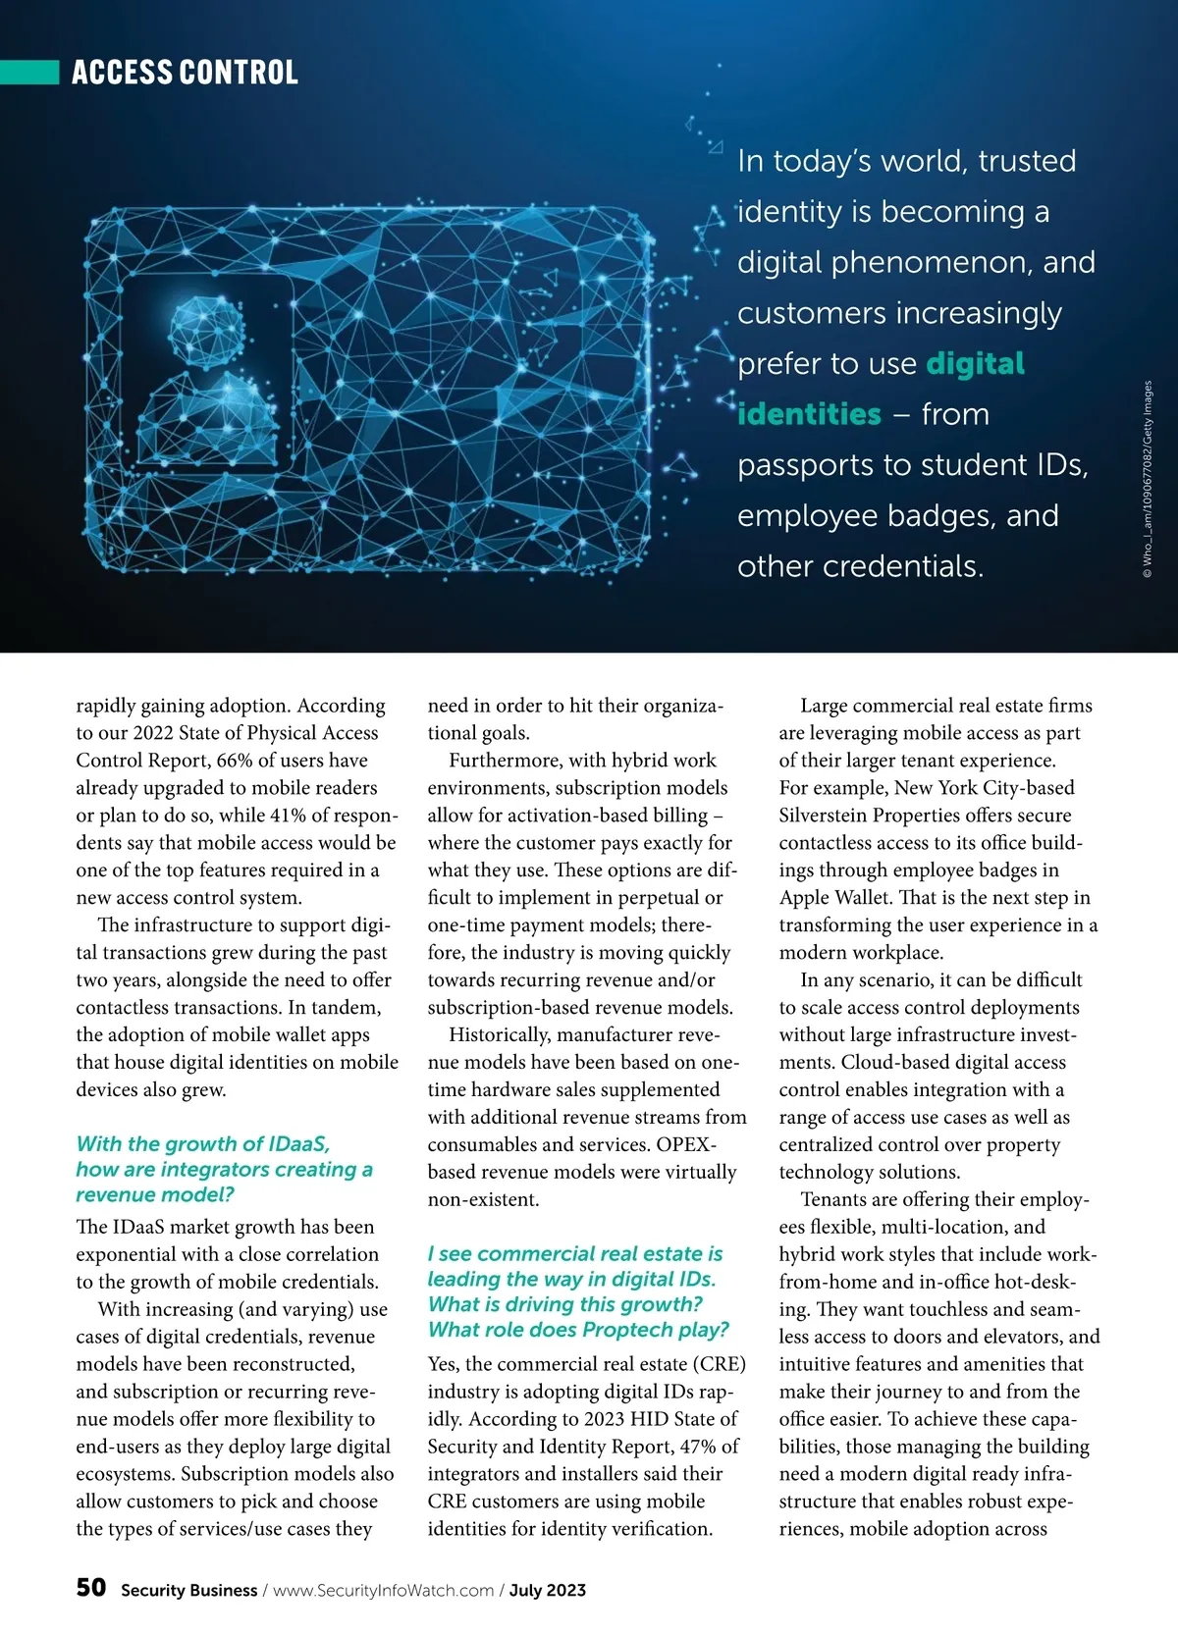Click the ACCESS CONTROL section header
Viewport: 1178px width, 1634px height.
185,73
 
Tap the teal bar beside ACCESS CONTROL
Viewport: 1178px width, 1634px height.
29,72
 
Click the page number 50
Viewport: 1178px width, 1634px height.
91,1588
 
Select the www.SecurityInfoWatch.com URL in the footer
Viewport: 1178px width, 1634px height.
383,1591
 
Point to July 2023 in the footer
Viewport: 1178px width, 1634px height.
547,1591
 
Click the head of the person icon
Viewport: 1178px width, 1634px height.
204,331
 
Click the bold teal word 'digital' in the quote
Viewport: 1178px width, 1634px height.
975,363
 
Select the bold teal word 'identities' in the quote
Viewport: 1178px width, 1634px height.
809,414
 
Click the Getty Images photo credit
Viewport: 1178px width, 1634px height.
1148,481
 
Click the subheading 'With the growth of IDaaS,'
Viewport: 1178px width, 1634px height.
203,1144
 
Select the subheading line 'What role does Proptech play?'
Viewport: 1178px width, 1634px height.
578,1330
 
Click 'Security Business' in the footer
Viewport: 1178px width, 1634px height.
188,1591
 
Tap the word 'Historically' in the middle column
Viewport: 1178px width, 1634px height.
501,1035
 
